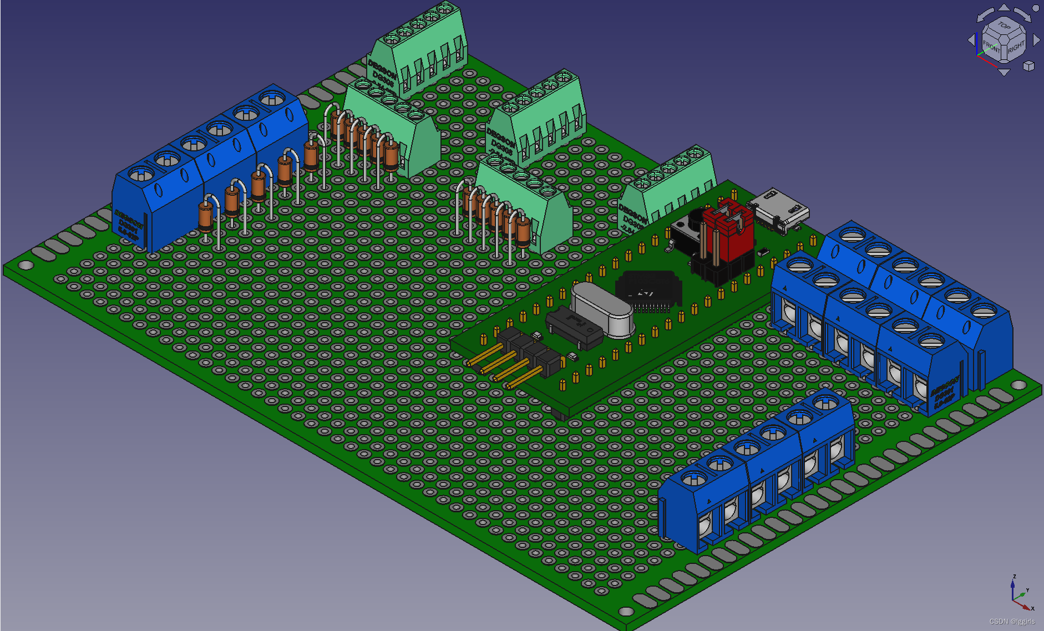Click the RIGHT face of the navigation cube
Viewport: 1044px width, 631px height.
click(1016, 48)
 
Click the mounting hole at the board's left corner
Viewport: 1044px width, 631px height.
click(26, 266)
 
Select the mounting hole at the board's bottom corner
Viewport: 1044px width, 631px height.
click(626, 611)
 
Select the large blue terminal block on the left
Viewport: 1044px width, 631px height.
click(211, 166)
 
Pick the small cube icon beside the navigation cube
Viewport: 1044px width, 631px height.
click(1029, 66)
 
